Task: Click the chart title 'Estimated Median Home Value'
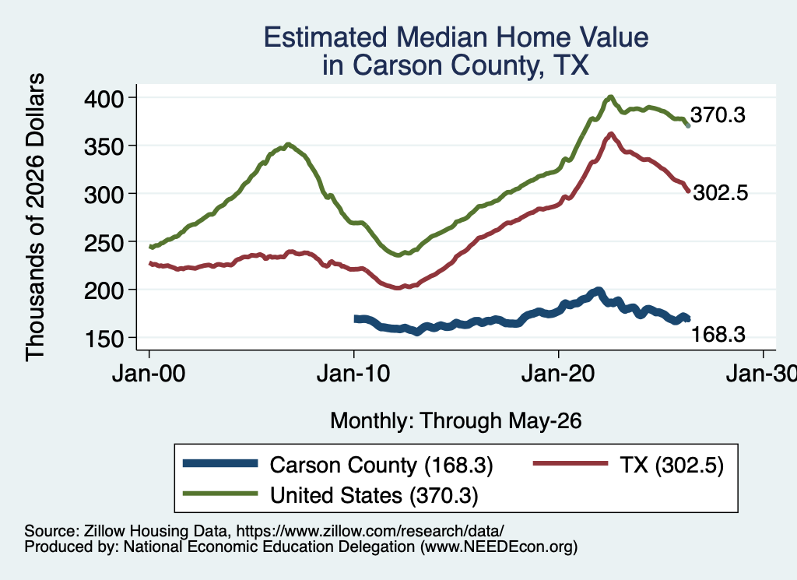tap(456, 37)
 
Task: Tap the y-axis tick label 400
tap(104, 98)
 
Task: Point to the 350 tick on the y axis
tap(104, 146)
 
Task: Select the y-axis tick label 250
tap(104, 242)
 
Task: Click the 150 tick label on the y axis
tap(104, 339)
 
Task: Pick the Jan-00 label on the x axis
tap(149, 374)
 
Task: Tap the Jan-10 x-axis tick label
tap(354, 374)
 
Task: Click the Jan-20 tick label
tap(559, 374)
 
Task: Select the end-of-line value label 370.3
tap(718, 115)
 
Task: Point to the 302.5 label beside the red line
tap(720, 193)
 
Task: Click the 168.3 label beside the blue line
tap(718, 335)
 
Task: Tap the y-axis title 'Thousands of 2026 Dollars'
tap(35, 217)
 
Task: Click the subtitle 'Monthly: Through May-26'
tap(456, 421)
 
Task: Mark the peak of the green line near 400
tap(610, 97)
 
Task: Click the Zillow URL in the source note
tap(370, 531)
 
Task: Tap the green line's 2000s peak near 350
tap(288, 144)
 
